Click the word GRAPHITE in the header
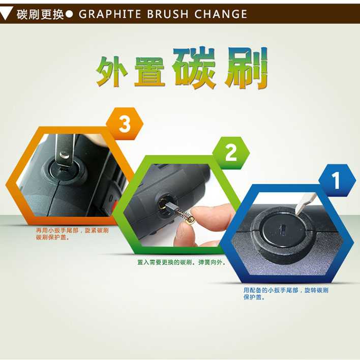(x=110, y=14)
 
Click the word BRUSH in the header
(x=168, y=14)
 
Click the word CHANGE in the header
(x=221, y=14)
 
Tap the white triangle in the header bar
(x=5, y=13)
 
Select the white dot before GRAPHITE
(x=69, y=14)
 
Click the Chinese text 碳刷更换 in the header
(x=40, y=14)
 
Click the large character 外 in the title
(x=112, y=71)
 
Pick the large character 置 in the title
(x=149, y=71)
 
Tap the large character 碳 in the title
(x=194, y=68)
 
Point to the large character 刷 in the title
(x=246, y=68)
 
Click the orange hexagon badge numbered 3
(x=125, y=124)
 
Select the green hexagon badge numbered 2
(x=231, y=153)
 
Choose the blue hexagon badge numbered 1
(x=337, y=180)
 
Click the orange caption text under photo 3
(x=72, y=234)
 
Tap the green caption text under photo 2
(x=182, y=262)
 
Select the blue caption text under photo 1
(x=286, y=294)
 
